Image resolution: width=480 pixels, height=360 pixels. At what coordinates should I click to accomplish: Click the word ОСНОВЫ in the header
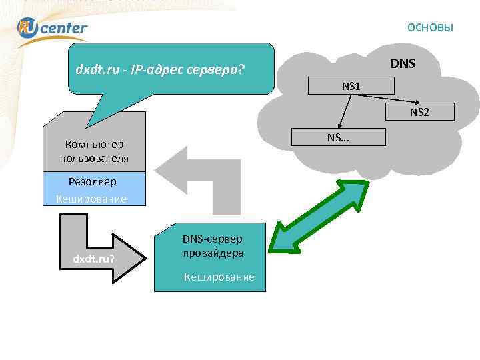click(x=430, y=27)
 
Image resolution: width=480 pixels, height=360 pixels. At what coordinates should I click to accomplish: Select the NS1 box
click(x=351, y=85)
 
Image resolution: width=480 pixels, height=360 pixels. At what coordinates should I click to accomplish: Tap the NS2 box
click(x=419, y=112)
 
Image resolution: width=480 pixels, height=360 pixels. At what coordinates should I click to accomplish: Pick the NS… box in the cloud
click(x=342, y=137)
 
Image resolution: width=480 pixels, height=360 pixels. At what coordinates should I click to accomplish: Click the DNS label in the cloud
click(x=403, y=63)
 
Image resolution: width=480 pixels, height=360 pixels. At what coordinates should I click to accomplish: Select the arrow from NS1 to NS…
click(x=345, y=111)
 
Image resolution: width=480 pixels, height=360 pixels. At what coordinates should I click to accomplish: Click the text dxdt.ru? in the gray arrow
click(x=93, y=258)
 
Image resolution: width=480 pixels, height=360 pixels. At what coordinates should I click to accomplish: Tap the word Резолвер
click(x=92, y=181)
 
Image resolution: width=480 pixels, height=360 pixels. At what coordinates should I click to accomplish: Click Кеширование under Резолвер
click(x=91, y=199)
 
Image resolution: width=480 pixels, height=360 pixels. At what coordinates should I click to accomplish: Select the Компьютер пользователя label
click(x=94, y=151)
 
